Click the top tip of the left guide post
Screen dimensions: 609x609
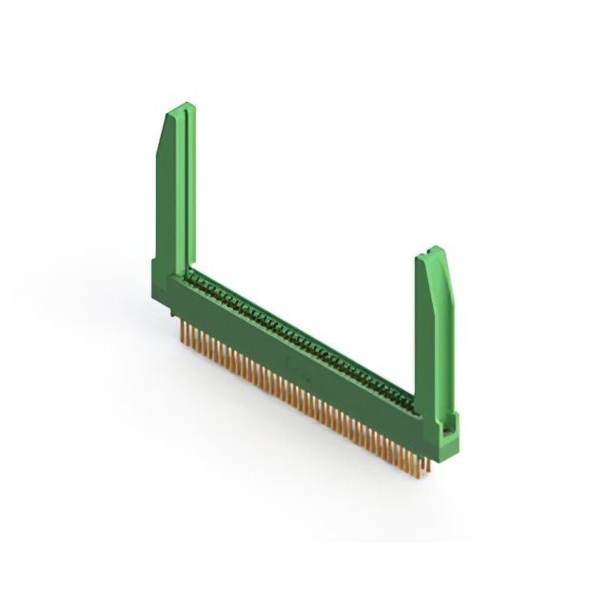click(x=181, y=106)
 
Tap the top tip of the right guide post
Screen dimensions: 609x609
click(x=434, y=250)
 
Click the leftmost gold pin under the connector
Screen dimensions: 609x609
click(x=181, y=329)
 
